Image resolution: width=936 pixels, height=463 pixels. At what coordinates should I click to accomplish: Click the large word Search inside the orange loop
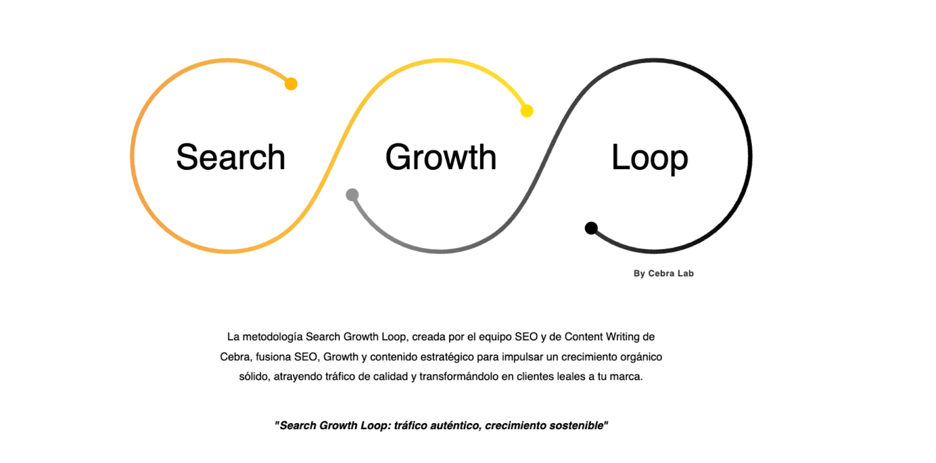coord(230,157)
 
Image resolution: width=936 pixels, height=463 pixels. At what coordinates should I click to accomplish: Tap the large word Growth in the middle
coord(441,157)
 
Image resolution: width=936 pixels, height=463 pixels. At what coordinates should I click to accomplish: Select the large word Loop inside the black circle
coord(649,157)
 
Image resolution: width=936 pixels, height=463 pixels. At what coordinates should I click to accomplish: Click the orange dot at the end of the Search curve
coord(291,84)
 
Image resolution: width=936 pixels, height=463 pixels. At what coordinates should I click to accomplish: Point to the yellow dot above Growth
coord(526,111)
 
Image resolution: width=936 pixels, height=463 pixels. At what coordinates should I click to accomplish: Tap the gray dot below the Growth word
coord(352,195)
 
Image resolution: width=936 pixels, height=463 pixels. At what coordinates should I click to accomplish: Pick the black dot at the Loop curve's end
coord(591,228)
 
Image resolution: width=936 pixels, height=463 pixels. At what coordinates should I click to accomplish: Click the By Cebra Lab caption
coord(663,273)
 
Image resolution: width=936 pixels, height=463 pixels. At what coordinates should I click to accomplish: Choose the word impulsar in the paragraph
coord(522,357)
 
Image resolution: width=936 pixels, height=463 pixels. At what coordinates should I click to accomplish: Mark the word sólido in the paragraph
coord(254,376)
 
